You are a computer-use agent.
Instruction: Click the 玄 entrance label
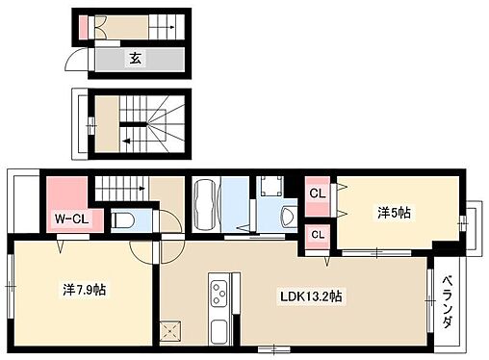pyautogui.click(x=136, y=59)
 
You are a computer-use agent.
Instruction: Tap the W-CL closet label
pyautogui.click(x=71, y=219)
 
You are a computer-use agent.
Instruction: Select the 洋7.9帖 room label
pyautogui.click(x=84, y=290)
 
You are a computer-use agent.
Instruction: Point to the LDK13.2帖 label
pyautogui.click(x=311, y=296)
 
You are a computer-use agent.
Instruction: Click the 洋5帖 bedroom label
pyautogui.click(x=394, y=213)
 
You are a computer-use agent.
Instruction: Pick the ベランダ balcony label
pyautogui.click(x=448, y=301)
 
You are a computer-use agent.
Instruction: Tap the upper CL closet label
pyautogui.click(x=318, y=193)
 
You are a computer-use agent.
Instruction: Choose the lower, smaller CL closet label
pyautogui.click(x=318, y=235)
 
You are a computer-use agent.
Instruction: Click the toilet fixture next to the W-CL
pyautogui.click(x=122, y=220)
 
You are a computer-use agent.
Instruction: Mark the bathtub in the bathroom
pyautogui.click(x=205, y=204)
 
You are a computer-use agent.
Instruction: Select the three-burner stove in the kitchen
pyautogui.click(x=219, y=293)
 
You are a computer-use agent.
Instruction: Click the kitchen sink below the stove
pyautogui.click(x=219, y=331)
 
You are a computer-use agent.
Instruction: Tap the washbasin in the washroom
pyautogui.click(x=288, y=217)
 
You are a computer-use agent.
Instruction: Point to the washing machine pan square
pyautogui.click(x=271, y=186)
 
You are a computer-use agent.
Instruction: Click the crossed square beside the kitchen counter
pyautogui.click(x=170, y=330)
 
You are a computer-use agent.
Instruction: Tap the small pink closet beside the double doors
pyautogui.click(x=83, y=27)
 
